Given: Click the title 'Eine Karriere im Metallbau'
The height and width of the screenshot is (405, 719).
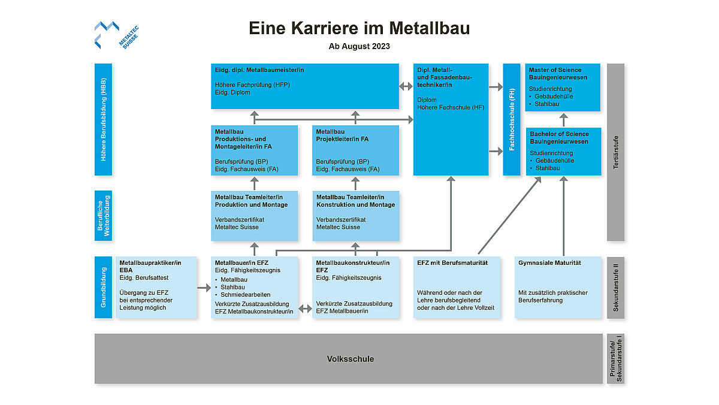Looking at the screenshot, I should pos(359,28).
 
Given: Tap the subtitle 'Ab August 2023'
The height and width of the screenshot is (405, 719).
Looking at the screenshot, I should pos(359,46).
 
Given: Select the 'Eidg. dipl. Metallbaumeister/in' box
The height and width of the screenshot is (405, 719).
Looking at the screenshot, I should pos(304,86).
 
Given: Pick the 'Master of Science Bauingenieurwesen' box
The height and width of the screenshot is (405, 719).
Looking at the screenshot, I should pos(563,87).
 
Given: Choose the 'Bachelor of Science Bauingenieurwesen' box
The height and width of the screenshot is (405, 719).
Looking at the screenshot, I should pos(563,151).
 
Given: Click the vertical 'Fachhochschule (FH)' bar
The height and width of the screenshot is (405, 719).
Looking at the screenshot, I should pos(511,119).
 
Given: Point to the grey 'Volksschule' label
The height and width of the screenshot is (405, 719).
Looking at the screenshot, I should pos(351,359).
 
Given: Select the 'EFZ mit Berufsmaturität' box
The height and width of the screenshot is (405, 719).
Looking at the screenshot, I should pos(457,287).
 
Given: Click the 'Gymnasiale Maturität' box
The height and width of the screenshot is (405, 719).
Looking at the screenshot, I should pos(558,287).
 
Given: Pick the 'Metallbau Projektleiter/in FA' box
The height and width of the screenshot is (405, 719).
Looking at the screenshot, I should pos(355,150).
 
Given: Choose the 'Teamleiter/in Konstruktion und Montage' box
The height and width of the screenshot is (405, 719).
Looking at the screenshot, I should pos(355,216).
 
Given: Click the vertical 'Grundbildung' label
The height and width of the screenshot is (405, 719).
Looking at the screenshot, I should pos(103,287).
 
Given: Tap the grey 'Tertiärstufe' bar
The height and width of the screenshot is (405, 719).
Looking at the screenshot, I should pos(615,152).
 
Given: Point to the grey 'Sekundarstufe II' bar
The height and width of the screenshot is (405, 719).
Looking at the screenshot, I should pos(615,287).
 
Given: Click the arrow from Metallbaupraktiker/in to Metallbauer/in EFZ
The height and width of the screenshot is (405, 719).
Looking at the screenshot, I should pos(204,289).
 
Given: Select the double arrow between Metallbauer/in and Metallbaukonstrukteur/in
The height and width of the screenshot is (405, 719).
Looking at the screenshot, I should pos(305,309).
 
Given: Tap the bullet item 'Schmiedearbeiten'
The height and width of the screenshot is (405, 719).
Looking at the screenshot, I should pos(246,295).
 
